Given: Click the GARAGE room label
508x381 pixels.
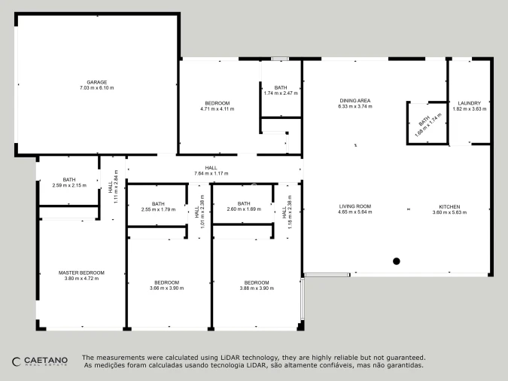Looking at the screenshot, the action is (x=97, y=82).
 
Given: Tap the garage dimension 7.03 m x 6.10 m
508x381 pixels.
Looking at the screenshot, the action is (x=97, y=88).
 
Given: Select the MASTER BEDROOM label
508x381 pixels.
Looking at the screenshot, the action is (x=81, y=273).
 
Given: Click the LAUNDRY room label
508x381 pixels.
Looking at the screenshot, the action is (x=470, y=103).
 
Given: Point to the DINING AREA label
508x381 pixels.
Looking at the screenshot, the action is (x=355, y=100).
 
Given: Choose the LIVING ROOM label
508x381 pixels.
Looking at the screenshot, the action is (x=355, y=206).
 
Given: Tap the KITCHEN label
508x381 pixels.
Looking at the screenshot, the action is (x=450, y=206).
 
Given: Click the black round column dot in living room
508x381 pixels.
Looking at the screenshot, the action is (x=396, y=261).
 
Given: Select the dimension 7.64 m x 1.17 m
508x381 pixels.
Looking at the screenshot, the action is (x=211, y=173).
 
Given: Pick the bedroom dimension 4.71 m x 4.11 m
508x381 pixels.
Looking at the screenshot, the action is (x=217, y=109).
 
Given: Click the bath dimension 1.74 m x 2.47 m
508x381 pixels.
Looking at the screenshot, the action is (x=281, y=93).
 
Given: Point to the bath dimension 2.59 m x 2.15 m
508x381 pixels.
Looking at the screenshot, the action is (x=69, y=185).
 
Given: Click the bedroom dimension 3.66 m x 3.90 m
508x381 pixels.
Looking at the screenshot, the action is (x=166, y=288).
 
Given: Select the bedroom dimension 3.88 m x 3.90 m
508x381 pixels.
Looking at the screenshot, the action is (x=257, y=288).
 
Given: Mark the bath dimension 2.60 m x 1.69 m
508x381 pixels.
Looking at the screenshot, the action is (x=244, y=209).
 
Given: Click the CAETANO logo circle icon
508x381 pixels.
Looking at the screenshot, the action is (x=17, y=361).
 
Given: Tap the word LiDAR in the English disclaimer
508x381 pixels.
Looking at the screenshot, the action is (x=230, y=358).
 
